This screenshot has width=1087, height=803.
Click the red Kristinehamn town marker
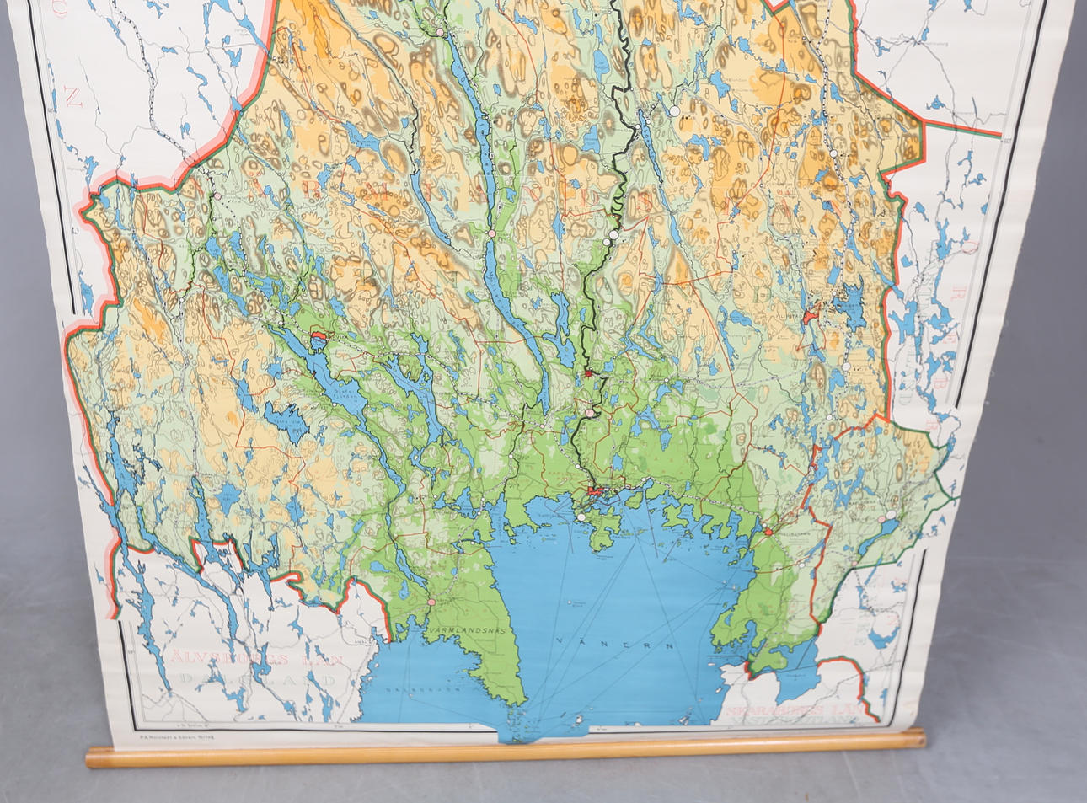coord(768,532)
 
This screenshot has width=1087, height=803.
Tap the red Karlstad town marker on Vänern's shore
coord(593,490)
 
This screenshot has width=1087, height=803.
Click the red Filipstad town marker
coord(810,316)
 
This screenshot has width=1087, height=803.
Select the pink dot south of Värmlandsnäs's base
coord(431,602)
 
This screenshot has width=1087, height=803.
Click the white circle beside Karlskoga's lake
coord(891,513)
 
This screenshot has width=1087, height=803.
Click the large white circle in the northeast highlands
coord(674,110)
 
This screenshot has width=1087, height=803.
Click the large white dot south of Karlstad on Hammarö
coord(581,517)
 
